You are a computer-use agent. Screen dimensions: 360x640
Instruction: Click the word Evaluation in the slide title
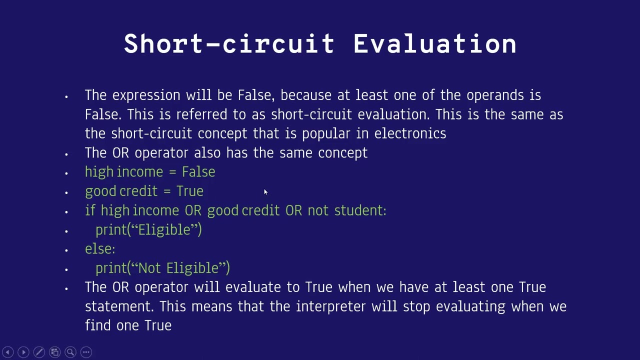click(434, 44)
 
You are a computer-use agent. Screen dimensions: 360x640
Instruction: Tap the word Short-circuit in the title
click(229, 44)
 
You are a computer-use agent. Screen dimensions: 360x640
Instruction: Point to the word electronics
click(410, 133)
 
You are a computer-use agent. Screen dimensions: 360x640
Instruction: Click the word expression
click(146, 95)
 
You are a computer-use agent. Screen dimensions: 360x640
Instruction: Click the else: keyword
click(100, 249)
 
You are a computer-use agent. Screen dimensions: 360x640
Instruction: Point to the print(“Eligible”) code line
click(148, 230)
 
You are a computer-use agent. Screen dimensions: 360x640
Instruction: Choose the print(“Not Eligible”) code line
click(162, 268)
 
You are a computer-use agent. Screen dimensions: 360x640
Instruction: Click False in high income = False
click(198, 172)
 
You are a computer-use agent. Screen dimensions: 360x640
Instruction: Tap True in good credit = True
click(190, 191)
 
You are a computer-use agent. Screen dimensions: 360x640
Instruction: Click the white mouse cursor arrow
click(265, 192)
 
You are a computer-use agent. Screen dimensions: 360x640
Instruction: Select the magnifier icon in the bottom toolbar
click(70, 352)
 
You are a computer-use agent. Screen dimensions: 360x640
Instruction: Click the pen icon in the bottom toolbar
click(39, 352)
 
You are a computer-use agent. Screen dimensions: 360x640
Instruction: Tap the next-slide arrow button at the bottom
click(23, 352)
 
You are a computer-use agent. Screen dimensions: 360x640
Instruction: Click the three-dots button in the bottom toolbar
click(86, 352)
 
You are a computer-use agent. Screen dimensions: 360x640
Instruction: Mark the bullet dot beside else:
click(66, 250)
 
